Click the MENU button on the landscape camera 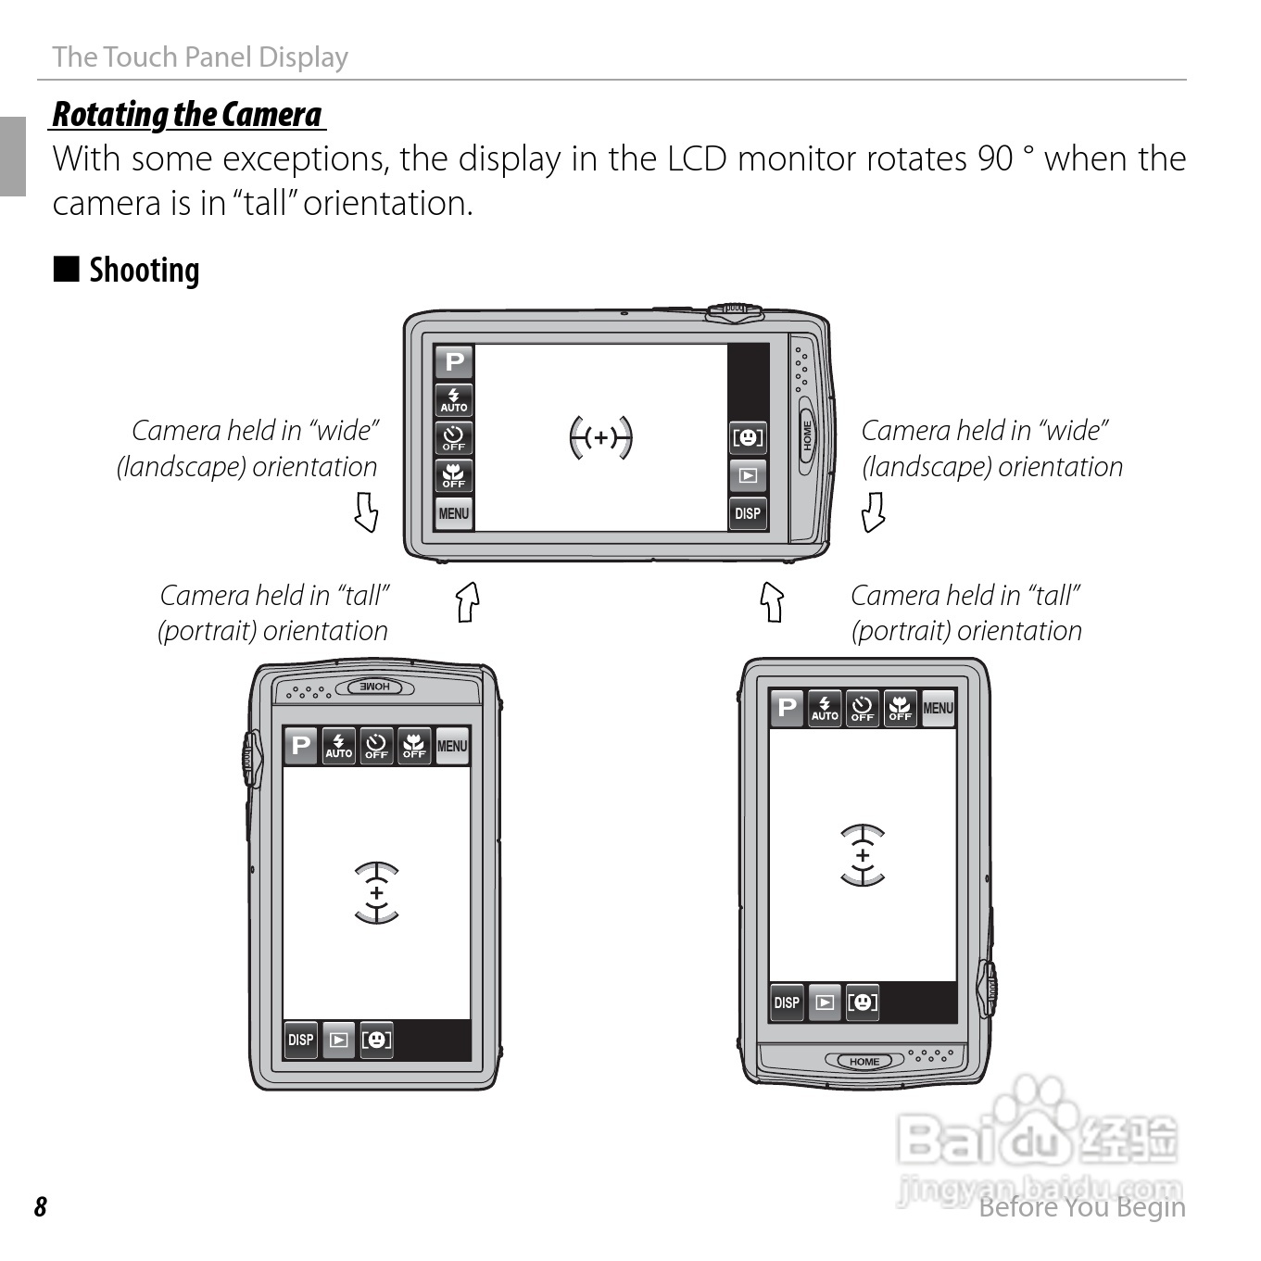tap(454, 512)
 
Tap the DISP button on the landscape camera tap(748, 512)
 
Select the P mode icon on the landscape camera tap(454, 361)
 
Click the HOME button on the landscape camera tap(807, 435)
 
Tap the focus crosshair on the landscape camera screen tap(600, 437)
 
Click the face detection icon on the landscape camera tap(748, 437)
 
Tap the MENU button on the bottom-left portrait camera tap(452, 745)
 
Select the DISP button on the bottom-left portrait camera tap(301, 1040)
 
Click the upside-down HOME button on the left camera tap(374, 687)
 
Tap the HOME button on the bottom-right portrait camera tap(864, 1061)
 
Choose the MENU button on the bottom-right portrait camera tap(938, 708)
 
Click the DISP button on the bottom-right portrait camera tap(787, 1002)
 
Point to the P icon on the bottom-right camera tap(787, 708)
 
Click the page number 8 tap(41, 1206)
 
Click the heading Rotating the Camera tap(187, 114)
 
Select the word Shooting tap(145, 271)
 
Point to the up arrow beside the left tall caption tap(468, 601)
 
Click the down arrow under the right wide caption tap(873, 511)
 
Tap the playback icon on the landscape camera tap(748, 475)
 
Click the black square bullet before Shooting tap(67, 269)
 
